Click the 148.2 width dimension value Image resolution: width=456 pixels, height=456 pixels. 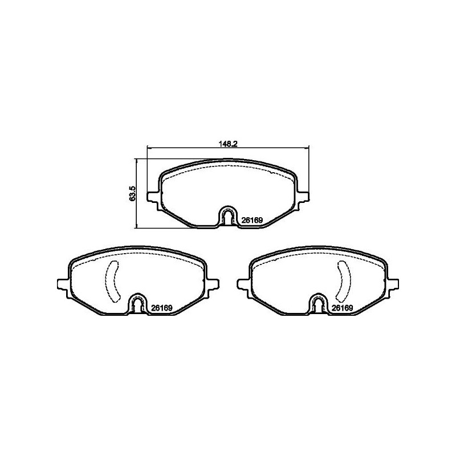pyautogui.click(x=229, y=144)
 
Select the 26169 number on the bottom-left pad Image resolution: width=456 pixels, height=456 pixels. pyautogui.click(x=162, y=308)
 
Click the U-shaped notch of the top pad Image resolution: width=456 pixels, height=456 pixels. pyautogui.click(x=229, y=215)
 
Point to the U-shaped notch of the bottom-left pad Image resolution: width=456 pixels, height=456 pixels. pyautogui.click(x=138, y=303)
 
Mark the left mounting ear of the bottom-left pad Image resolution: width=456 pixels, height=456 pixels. pyautogui.click(x=63, y=283)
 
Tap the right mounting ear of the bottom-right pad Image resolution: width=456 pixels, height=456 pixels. pyautogui.click(x=394, y=283)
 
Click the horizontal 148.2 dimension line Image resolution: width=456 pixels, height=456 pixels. pyautogui.click(x=188, y=148)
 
